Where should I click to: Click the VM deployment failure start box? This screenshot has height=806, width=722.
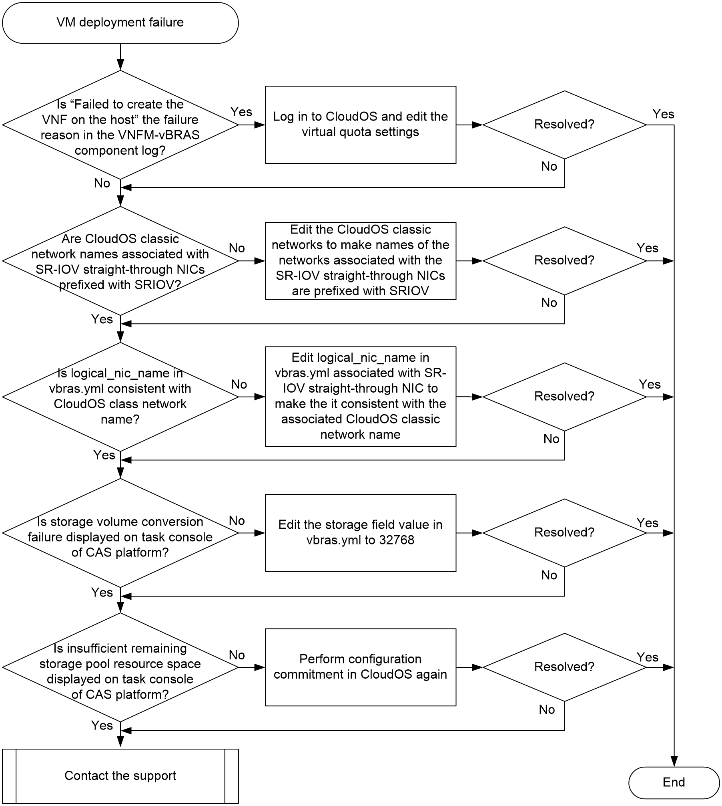(x=120, y=22)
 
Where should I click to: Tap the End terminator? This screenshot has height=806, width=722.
(x=674, y=782)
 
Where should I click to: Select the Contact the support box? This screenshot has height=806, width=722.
(x=120, y=776)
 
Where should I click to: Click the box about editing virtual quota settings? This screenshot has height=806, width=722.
(x=360, y=125)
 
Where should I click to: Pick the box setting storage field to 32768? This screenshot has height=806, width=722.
(x=360, y=533)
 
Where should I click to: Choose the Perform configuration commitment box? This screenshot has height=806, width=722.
(x=360, y=667)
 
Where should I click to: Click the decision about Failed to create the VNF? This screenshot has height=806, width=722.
(x=120, y=125)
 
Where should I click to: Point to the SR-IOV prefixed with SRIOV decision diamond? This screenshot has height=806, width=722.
(x=120, y=261)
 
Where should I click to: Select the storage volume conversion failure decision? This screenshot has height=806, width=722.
(x=120, y=533)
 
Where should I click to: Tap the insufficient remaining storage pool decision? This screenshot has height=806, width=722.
(x=120, y=667)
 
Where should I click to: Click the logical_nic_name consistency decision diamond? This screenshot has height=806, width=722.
(x=120, y=397)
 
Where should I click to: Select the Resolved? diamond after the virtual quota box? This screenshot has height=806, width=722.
(x=564, y=125)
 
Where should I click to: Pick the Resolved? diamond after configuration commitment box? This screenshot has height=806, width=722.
(x=564, y=667)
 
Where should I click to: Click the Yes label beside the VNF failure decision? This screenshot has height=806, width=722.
(x=241, y=112)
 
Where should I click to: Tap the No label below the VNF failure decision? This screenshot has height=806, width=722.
(x=102, y=183)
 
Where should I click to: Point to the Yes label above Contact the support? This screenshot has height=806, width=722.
(x=102, y=725)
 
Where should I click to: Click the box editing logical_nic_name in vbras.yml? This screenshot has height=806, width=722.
(x=360, y=397)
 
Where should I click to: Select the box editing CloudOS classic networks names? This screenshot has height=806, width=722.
(x=360, y=261)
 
